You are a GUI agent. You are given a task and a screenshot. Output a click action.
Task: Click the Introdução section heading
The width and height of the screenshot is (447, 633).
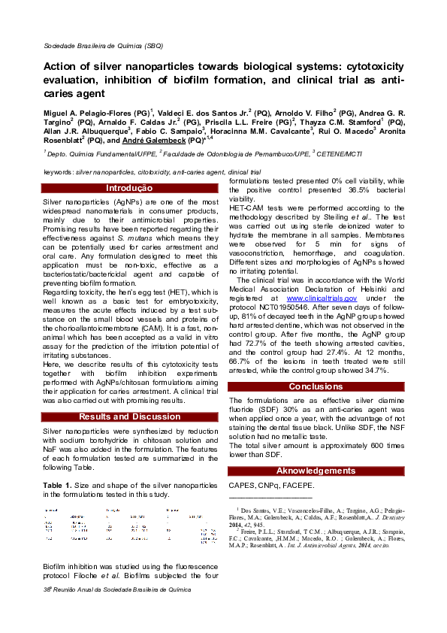point(129,188)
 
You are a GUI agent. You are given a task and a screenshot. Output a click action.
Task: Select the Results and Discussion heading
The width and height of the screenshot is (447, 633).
point(129,416)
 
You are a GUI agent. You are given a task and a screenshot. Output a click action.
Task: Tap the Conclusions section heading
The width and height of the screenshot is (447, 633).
point(316,386)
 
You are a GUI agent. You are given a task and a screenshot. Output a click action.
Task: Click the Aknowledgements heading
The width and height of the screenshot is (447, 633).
point(316,471)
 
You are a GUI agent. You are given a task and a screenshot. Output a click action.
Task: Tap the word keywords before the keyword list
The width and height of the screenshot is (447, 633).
point(58,172)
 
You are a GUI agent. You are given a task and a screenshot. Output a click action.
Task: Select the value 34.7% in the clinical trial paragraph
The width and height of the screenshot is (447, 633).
point(372,370)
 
